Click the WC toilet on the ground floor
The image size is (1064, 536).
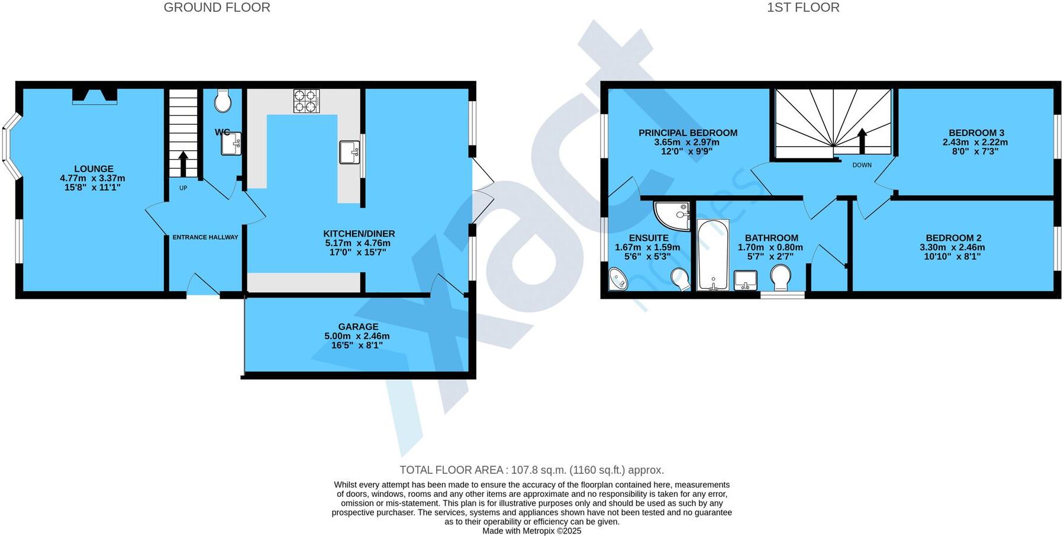coord(223,101)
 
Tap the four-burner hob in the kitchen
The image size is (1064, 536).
coord(306,101)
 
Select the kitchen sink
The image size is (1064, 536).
coord(349,152)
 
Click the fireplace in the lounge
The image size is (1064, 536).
coord(95,96)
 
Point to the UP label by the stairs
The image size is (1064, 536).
coord(183,188)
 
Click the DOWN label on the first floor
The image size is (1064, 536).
coord(862,165)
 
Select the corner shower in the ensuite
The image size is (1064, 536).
coord(673,215)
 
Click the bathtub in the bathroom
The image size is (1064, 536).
coord(713,255)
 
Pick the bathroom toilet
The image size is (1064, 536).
coord(781,277)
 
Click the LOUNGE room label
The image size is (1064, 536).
coord(93,169)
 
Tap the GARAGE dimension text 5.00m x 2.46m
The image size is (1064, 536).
coord(357,336)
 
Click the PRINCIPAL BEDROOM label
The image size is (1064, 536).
coord(688,133)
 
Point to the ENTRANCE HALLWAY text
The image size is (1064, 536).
coord(205,237)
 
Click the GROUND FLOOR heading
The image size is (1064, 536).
coord(217,8)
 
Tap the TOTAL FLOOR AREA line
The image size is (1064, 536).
coord(531,470)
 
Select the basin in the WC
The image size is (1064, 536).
coord(231,143)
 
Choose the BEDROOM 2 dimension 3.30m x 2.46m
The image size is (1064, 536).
coord(952,247)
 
